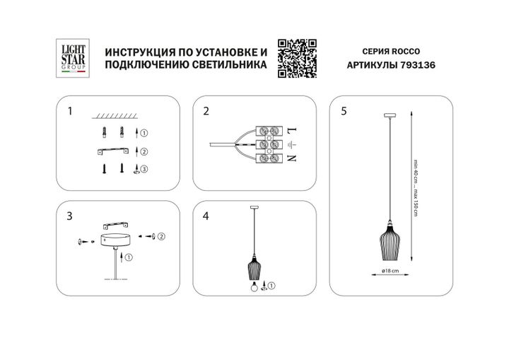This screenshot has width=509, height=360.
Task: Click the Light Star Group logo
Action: (x=71, y=57)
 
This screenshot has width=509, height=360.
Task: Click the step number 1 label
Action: (x=69, y=112)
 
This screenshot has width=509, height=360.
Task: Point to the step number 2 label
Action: (x=206, y=112)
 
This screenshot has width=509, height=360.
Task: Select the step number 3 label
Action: (x=69, y=214)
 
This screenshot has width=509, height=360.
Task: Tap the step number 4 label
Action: (x=206, y=214)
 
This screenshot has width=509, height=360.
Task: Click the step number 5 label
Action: (x=344, y=112)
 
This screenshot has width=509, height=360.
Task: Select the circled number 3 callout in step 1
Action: (x=144, y=169)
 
